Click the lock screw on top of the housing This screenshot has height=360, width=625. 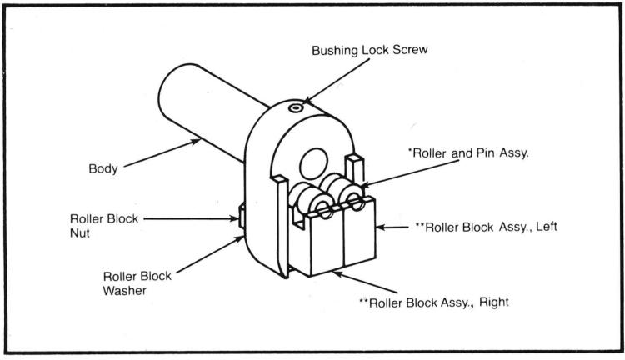[294, 107]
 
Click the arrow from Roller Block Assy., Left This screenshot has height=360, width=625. [394, 227]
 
